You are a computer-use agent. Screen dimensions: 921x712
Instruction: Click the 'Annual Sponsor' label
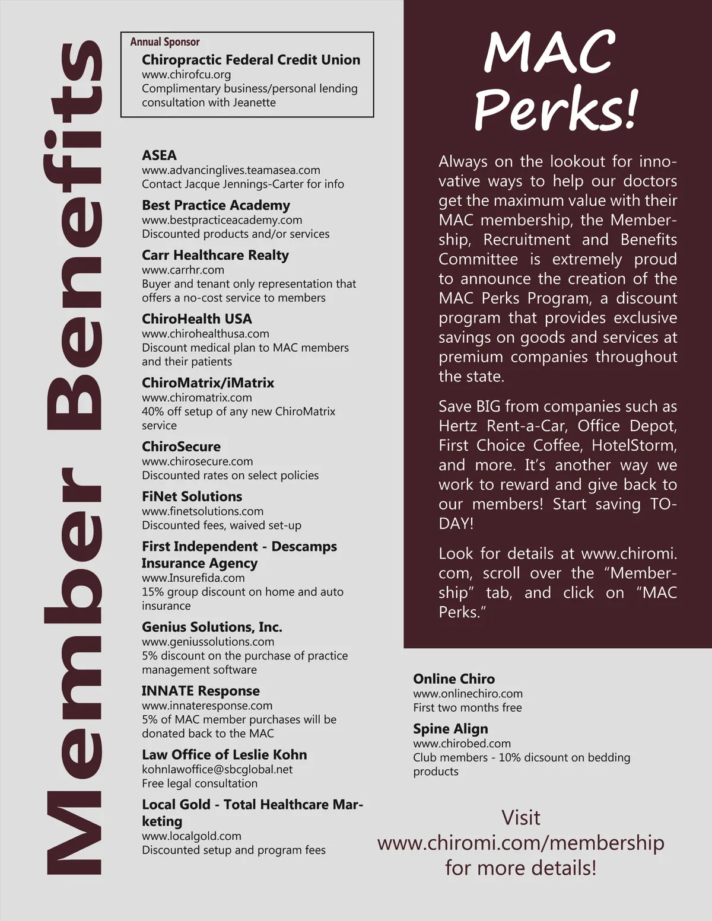click(165, 42)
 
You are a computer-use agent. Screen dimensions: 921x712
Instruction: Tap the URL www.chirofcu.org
click(186, 75)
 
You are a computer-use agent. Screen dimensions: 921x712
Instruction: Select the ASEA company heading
click(159, 155)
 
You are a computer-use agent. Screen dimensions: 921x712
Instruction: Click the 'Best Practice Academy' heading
click(216, 205)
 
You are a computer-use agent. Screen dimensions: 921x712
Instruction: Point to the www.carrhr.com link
click(183, 270)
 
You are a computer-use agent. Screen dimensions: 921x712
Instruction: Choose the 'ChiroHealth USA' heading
click(197, 319)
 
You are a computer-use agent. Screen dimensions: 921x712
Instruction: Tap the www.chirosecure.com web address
click(197, 461)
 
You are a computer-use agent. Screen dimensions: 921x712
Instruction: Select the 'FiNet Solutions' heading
click(192, 496)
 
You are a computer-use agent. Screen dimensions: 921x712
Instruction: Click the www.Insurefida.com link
click(193, 578)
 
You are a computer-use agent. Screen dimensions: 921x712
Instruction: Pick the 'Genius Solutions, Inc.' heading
click(212, 627)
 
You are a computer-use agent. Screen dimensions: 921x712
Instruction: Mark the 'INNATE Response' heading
click(201, 691)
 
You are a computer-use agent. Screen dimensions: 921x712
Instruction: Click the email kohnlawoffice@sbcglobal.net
click(217, 769)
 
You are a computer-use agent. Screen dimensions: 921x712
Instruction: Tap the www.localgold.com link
click(192, 836)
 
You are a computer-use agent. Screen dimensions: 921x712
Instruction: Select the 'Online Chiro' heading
click(454, 679)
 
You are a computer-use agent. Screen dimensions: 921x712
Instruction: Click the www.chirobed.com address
click(462, 744)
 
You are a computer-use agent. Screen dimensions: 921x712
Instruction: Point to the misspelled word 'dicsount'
click(543, 757)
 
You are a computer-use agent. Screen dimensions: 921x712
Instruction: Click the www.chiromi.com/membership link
click(520, 843)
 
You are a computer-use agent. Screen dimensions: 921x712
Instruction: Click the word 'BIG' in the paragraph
click(490, 406)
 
